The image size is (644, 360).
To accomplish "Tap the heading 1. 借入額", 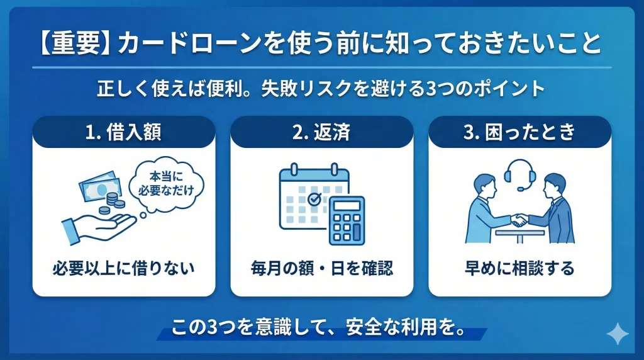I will coord(123,133).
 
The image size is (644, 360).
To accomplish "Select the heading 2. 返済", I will coord(321,133).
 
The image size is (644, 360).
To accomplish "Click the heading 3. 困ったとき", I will coord(519,133).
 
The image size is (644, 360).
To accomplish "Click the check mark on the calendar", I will coord(314,199).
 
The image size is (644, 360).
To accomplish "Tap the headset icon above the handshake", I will coord(519,171).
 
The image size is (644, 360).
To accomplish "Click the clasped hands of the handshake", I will coord(519,220).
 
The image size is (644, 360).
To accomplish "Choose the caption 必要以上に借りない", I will coord(123,269).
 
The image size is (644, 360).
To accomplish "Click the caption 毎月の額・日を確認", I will coord(321,269).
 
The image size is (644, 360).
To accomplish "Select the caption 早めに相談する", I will coord(519,269).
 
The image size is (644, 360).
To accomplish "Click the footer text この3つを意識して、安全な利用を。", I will coord(321,328).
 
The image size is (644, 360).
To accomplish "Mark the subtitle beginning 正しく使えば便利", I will coord(320,88).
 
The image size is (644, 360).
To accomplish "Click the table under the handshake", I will coord(519,235).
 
